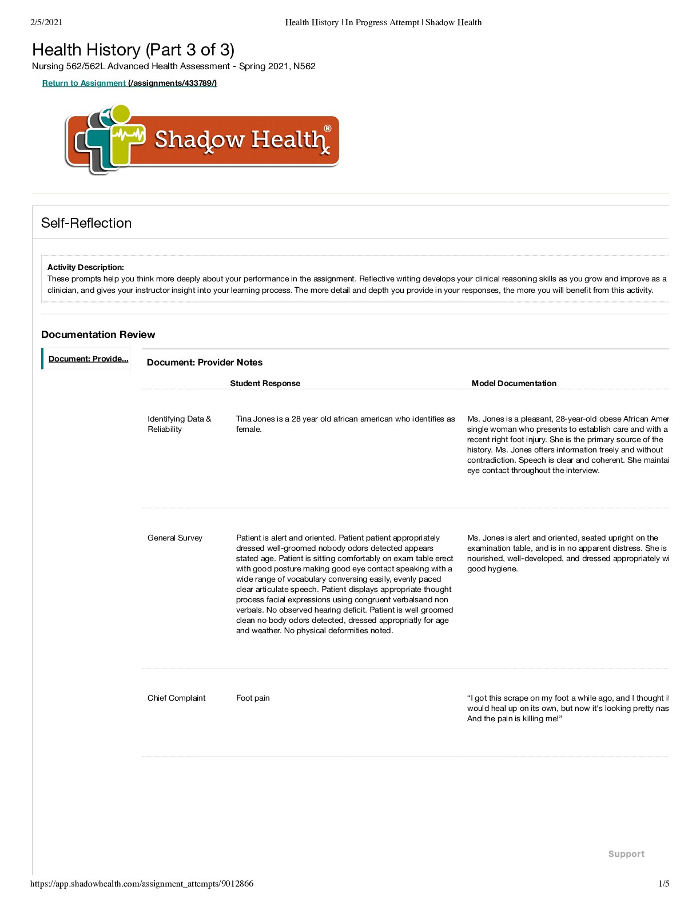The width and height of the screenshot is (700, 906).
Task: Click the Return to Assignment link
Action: (x=84, y=84)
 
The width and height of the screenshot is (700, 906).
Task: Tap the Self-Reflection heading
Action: (x=86, y=223)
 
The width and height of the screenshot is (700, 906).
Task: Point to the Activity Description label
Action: (x=86, y=267)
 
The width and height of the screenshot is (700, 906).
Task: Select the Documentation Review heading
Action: (x=98, y=335)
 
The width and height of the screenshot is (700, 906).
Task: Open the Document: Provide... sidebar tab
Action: (x=88, y=359)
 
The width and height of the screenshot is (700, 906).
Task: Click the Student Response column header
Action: (x=265, y=383)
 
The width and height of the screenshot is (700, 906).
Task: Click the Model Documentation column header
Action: (x=514, y=383)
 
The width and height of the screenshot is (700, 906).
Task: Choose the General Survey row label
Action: (x=175, y=538)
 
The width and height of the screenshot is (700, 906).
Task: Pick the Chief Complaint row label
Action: (x=177, y=698)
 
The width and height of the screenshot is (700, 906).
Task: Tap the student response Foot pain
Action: (x=253, y=698)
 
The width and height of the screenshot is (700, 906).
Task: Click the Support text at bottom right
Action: (x=626, y=854)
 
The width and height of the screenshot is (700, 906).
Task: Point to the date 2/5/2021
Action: (x=46, y=22)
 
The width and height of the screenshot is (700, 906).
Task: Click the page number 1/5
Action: (x=663, y=884)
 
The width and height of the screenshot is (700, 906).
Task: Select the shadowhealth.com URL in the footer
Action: (x=142, y=884)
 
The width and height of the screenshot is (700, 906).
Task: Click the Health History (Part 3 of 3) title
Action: (x=133, y=50)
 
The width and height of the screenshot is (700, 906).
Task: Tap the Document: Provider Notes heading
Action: (x=205, y=363)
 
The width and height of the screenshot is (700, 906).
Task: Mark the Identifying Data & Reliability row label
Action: (x=179, y=424)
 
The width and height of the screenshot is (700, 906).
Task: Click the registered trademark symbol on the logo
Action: (x=328, y=129)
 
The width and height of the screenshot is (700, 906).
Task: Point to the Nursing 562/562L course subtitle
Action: (x=174, y=66)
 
